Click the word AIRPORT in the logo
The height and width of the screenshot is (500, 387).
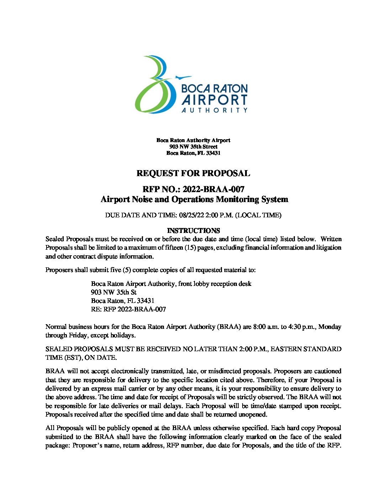click(x=214, y=100)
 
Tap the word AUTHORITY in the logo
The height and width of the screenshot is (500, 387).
click(x=214, y=110)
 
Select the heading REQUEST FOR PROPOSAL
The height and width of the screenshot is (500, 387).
click(x=193, y=173)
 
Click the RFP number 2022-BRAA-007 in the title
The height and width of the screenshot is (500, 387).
click(x=213, y=189)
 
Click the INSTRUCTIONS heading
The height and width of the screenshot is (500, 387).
click(x=193, y=230)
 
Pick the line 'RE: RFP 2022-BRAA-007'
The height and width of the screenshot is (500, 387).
click(x=128, y=309)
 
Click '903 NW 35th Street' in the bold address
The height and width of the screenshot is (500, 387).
click(x=193, y=147)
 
